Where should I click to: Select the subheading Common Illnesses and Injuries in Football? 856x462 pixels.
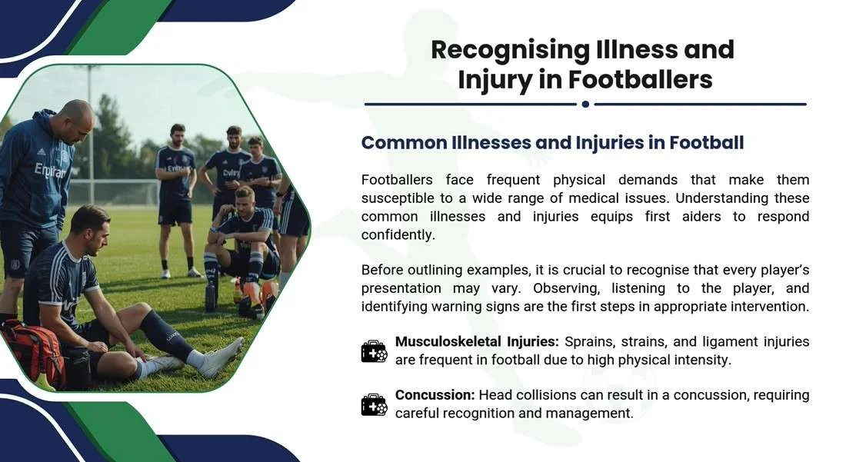pyautogui.click(x=552, y=143)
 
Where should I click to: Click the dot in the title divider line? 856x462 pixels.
pyautogui.click(x=585, y=104)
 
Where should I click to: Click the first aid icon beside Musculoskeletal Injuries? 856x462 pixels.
pyautogui.click(x=375, y=351)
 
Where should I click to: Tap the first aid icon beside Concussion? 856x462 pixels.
pyautogui.click(x=375, y=404)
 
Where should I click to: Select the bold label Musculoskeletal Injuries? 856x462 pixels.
pyautogui.click(x=477, y=341)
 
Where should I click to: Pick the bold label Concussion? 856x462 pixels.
pyautogui.click(x=435, y=395)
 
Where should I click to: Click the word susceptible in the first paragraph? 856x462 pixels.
pyautogui.click(x=400, y=198)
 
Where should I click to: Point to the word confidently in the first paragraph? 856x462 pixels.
pyautogui.click(x=398, y=235)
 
